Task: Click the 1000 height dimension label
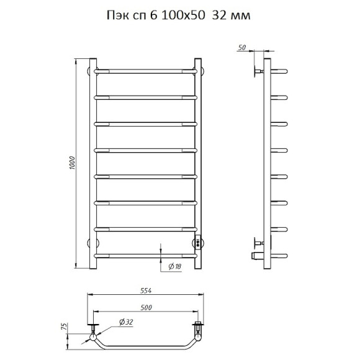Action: [x=73, y=163]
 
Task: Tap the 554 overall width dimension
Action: [x=146, y=290]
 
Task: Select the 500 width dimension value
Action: [x=146, y=307]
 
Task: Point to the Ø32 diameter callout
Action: [x=126, y=322]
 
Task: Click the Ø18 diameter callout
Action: [x=174, y=266]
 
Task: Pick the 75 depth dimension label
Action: [x=65, y=326]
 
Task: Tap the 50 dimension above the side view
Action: [x=242, y=48]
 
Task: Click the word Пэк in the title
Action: [x=118, y=16]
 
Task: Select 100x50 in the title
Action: [x=183, y=16]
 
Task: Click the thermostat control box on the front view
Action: [x=198, y=241]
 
